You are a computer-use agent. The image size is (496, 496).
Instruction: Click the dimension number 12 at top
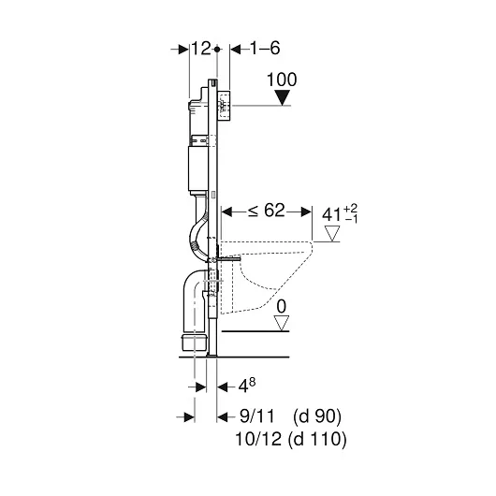[x=201, y=49]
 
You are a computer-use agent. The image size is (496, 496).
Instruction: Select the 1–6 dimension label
[x=265, y=49]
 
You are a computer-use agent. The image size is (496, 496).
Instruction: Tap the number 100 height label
[x=282, y=80]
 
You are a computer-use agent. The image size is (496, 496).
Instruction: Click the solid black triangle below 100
[x=283, y=97]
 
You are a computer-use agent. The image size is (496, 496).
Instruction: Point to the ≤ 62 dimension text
[x=266, y=210]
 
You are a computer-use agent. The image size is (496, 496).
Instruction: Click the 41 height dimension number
[x=331, y=215]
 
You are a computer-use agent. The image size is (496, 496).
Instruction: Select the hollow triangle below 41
[x=332, y=233]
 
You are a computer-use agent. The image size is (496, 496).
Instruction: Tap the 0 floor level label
[x=281, y=306]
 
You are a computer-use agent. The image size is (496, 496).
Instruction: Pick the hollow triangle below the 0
[x=281, y=323]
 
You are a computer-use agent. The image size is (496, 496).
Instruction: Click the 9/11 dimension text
[x=256, y=416]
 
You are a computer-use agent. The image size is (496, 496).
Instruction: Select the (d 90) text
[x=317, y=416]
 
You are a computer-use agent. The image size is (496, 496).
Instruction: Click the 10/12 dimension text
[x=258, y=439]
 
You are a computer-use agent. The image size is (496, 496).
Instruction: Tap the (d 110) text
[x=317, y=440]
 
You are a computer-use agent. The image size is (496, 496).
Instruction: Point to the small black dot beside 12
[x=217, y=50]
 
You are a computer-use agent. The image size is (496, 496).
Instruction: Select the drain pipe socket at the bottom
[x=195, y=343]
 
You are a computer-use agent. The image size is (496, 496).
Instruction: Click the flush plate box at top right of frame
[x=225, y=106]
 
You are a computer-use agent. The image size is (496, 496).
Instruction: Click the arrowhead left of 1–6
[x=236, y=49]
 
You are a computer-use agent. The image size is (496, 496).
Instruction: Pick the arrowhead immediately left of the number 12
[x=183, y=50]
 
